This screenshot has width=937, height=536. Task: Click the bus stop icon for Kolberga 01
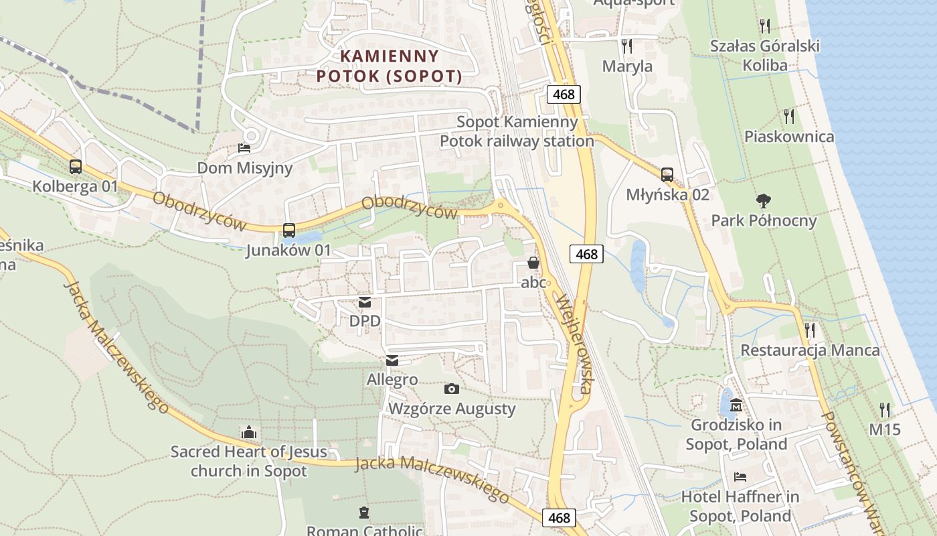tap(76, 166)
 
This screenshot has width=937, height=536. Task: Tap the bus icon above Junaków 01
tap(289, 230)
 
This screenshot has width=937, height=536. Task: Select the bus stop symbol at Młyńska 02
tap(667, 175)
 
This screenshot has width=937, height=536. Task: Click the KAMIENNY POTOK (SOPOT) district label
tap(389, 66)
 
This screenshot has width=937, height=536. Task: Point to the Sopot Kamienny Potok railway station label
tap(517, 131)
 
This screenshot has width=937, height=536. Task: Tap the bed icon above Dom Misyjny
tap(244, 148)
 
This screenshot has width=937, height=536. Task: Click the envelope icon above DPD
tap(365, 302)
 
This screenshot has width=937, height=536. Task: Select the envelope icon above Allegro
tap(392, 360)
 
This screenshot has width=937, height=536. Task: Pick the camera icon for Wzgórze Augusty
tap(452, 389)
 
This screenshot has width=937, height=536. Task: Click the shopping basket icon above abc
tap(533, 263)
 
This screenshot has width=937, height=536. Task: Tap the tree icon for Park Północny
tap(763, 200)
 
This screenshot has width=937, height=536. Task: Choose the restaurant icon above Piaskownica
tap(789, 117)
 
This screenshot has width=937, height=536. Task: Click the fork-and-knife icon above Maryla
tap(627, 46)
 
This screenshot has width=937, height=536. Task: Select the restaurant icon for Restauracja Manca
tap(810, 330)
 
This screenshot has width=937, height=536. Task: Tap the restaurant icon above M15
tap(885, 409)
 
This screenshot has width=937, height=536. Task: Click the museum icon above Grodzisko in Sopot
tap(736, 405)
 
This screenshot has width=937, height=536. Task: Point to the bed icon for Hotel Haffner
tap(740, 477)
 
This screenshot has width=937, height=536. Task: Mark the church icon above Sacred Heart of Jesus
tap(249, 432)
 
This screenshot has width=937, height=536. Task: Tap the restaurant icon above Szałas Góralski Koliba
tap(765, 26)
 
